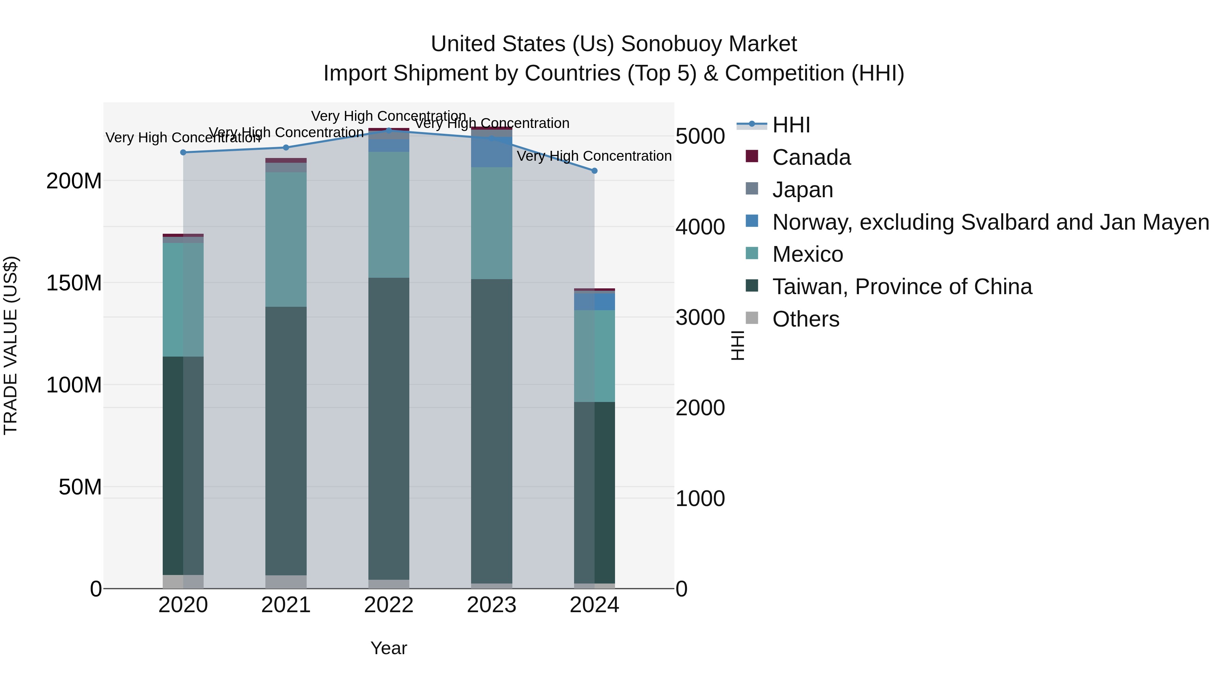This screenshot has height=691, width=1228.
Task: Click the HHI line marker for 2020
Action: pyautogui.click(x=183, y=153)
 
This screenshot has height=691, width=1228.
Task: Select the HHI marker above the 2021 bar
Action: pyautogui.click(x=286, y=148)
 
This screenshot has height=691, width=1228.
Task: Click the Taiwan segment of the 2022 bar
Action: pyautogui.click(x=389, y=429)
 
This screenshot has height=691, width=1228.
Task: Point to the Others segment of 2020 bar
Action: pyautogui.click(x=183, y=582)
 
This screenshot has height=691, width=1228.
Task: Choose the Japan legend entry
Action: pyautogui.click(x=802, y=190)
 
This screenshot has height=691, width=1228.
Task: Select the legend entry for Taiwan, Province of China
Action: pyautogui.click(x=902, y=287)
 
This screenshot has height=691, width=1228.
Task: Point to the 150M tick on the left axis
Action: pyautogui.click(x=74, y=283)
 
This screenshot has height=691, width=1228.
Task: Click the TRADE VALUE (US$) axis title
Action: pyautogui.click(x=11, y=345)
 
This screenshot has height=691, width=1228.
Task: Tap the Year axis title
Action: pyautogui.click(x=389, y=648)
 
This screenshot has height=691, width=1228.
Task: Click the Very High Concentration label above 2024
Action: pyautogui.click(x=594, y=156)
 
